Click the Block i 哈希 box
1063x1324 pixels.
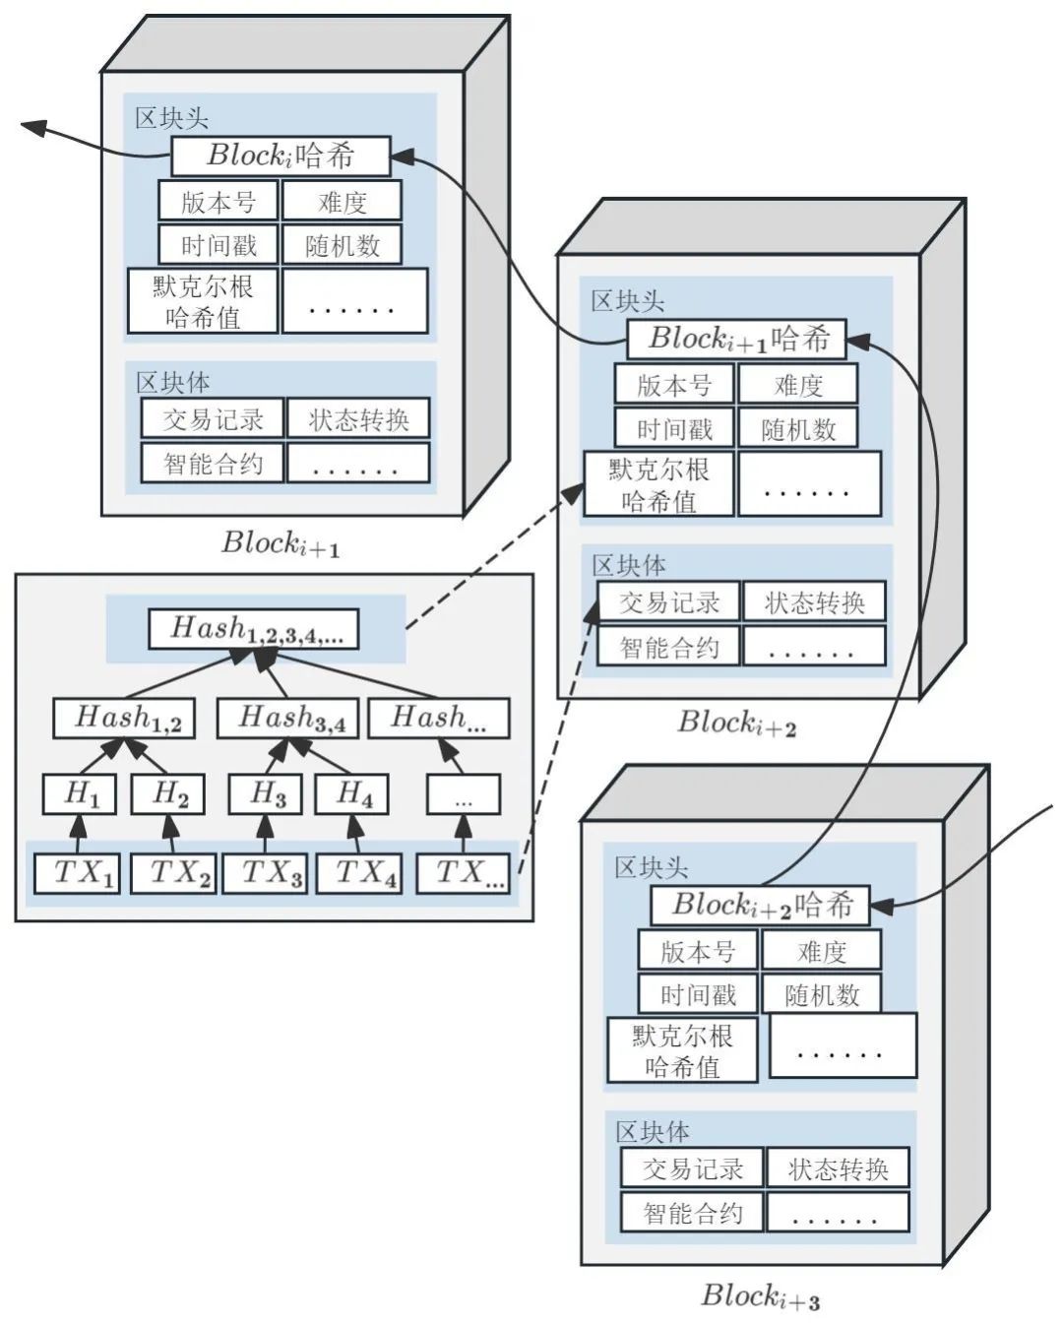281,156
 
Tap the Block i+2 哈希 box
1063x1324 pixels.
760,906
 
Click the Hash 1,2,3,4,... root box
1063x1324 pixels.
253,629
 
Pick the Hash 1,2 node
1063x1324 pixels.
123,719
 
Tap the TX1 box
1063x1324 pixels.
78,873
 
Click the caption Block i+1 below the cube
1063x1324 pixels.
281,543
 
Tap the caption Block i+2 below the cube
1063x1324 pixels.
736,724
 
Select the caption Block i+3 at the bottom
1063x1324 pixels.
760,1295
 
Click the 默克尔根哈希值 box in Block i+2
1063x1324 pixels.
658,484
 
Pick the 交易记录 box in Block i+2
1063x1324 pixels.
668,602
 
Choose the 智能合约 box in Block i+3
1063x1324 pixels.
692,1213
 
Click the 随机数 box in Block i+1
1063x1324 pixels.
342,245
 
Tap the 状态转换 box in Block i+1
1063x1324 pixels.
358,419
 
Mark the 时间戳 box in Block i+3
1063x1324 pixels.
698,994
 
